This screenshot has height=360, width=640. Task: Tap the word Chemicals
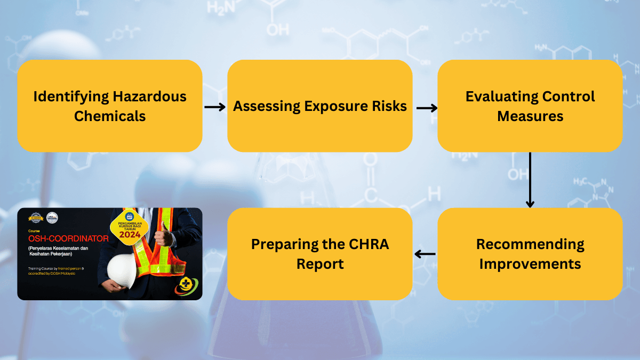click(x=110, y=116)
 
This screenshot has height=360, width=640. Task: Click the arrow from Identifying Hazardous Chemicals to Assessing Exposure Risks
click(x=215, y=107)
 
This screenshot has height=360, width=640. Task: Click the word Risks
click(x=389, y=106)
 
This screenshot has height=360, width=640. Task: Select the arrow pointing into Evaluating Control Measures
click(x=426, y=108)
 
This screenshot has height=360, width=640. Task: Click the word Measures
click(x=530, y=116)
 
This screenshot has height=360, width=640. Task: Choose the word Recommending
click(x=530, y=244)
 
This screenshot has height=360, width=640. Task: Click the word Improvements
click(x=530, y=263)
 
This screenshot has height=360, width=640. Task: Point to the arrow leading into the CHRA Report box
click(x=425, y=254)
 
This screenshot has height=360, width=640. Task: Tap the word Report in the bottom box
click(x=320, y=263)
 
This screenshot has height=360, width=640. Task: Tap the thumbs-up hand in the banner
click(x=161, y=238)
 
